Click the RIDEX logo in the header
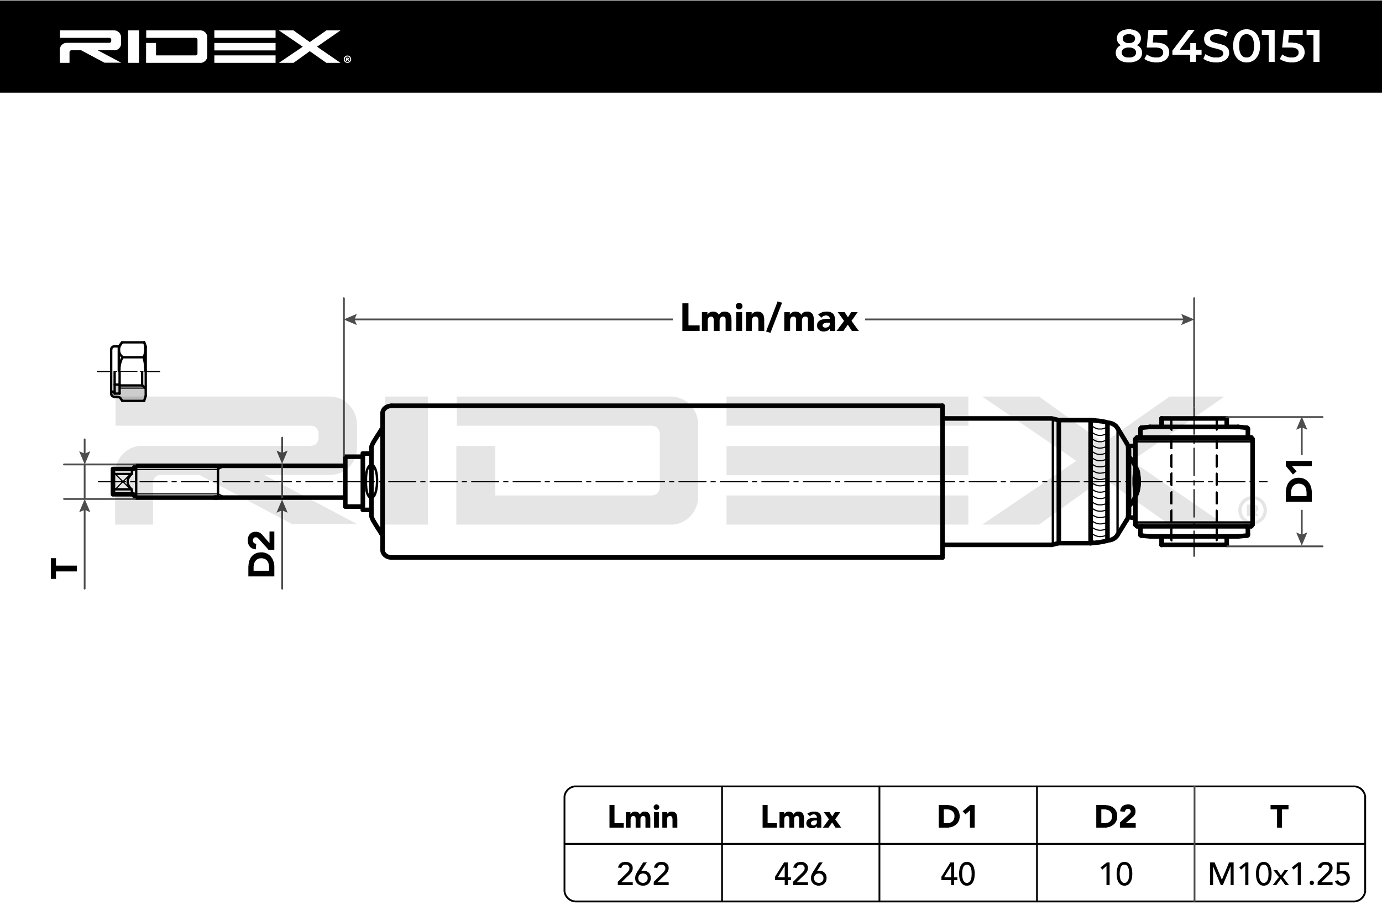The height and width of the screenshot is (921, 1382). tap(204, 47)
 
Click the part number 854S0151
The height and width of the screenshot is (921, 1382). tap(1217, 47)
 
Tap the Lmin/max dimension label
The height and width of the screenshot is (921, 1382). tap(768, 319)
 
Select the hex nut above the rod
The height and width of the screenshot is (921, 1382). tap(129, 371)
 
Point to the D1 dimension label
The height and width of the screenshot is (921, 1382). tap(1299, 481)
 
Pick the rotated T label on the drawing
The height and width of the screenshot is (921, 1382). tap(64, 569)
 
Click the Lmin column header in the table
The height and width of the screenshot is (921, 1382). tap(643, 817)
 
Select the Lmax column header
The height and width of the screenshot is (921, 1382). tap(800, 817)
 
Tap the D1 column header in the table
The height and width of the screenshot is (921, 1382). tap(957, 817)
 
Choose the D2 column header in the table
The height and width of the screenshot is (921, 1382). tap(1115, 817)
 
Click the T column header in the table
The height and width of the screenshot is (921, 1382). tap(1279, 817)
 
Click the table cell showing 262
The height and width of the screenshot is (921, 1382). tap(643, 874)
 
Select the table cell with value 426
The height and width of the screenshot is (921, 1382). tap(800, 874)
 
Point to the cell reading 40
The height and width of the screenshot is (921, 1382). tap(957, 874)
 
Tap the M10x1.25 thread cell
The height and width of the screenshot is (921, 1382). tap(1279, 874)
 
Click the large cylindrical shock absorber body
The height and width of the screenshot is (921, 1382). tap(662, 481)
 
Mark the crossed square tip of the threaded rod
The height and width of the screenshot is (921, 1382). tap(122, 482)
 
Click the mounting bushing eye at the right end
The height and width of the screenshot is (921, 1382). tap(1193, 482)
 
